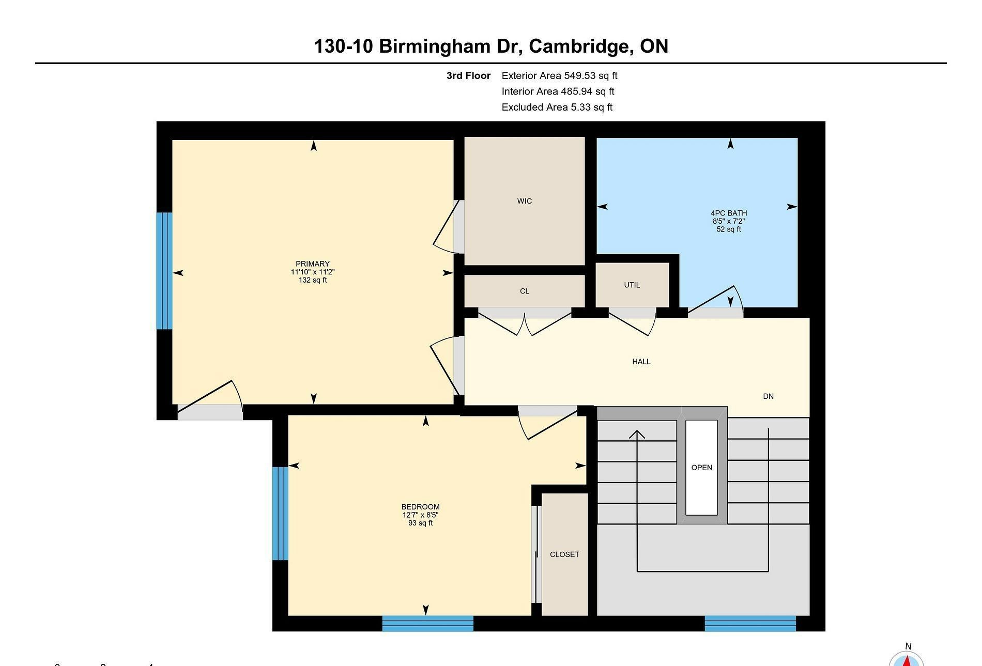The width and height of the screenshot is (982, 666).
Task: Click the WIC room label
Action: pos(524,201)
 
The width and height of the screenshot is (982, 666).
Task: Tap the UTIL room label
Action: pos(632,285)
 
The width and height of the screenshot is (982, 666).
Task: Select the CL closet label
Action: pos(525,291)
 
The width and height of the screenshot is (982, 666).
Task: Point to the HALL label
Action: pos(641,362)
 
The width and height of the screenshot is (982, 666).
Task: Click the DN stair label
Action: pos(769,396)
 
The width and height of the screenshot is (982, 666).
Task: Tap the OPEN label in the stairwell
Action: pos(702,468)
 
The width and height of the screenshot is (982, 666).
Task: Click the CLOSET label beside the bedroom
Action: pos(564,554)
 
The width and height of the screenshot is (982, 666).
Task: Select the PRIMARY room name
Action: pos(313,264)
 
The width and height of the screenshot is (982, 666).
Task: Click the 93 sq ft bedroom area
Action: pos(420,523)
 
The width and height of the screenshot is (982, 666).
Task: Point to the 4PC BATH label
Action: pos(729,213)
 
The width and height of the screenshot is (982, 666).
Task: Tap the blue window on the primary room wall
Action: pos(164,271)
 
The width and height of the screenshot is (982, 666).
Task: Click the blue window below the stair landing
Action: pos(750,623)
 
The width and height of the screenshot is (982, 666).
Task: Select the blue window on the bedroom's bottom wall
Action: pos(428,623)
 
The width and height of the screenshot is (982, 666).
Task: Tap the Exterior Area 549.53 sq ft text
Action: pos(560,76)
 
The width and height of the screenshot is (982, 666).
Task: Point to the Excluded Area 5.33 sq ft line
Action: pos(557,107)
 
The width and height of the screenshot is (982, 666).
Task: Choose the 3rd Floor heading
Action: pos(468,76)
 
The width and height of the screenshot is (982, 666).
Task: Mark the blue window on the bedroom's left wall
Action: pos(280,514)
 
